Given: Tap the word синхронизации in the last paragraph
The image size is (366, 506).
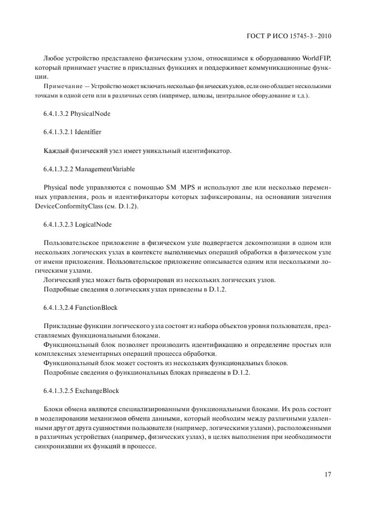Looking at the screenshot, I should click(60, 446).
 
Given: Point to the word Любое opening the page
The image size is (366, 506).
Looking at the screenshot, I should click(53, 58).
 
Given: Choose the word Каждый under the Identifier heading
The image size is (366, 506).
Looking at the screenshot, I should click(56, 150).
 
